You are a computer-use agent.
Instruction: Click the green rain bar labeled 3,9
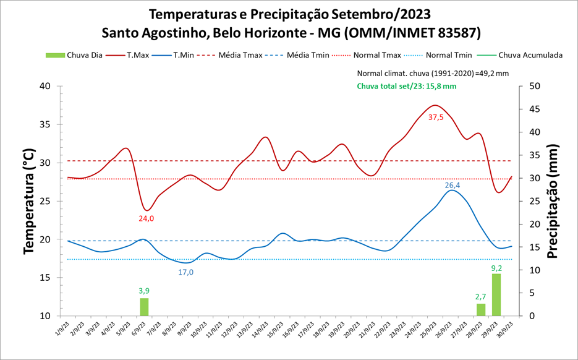coord(144,307)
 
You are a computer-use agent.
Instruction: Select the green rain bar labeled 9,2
coord(496,294)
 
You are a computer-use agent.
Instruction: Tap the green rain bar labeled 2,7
coord(481,309)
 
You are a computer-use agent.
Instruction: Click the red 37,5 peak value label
coord(436,118)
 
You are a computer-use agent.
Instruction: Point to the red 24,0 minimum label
coord(146,218)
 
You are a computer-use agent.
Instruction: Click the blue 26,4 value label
coord(453,185)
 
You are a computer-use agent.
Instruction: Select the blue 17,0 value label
coord(186,272)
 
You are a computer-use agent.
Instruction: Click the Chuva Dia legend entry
coord(74,55)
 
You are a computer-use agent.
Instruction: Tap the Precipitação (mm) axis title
coord(552,201)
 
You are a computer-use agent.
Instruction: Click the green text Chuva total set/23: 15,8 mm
coord(406,86)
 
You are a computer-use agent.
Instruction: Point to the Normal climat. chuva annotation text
coord(433,73)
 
